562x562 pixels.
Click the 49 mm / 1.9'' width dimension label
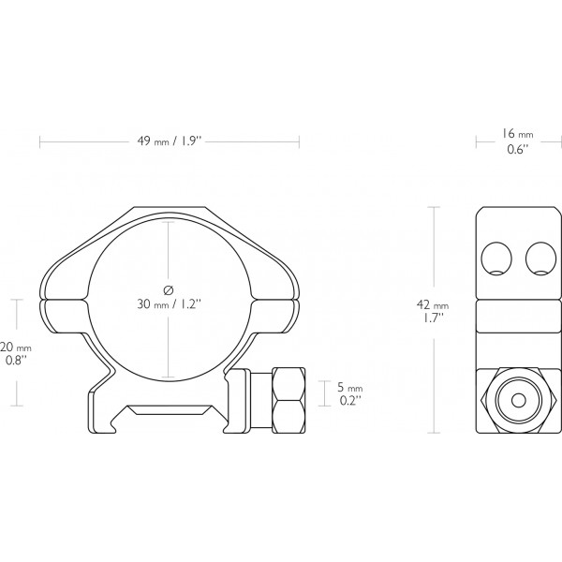click(170, 140)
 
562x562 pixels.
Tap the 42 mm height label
click(435, 305)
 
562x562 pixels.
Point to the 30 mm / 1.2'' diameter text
click(170, 304)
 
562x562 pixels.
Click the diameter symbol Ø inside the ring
click(169, 288)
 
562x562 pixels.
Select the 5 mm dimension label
click(349, 388)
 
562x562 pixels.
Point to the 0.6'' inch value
click(518, 149)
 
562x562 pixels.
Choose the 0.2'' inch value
click(348, 401)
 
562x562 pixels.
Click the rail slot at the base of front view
click(170, 408)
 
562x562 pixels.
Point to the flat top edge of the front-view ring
click(170, 208)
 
